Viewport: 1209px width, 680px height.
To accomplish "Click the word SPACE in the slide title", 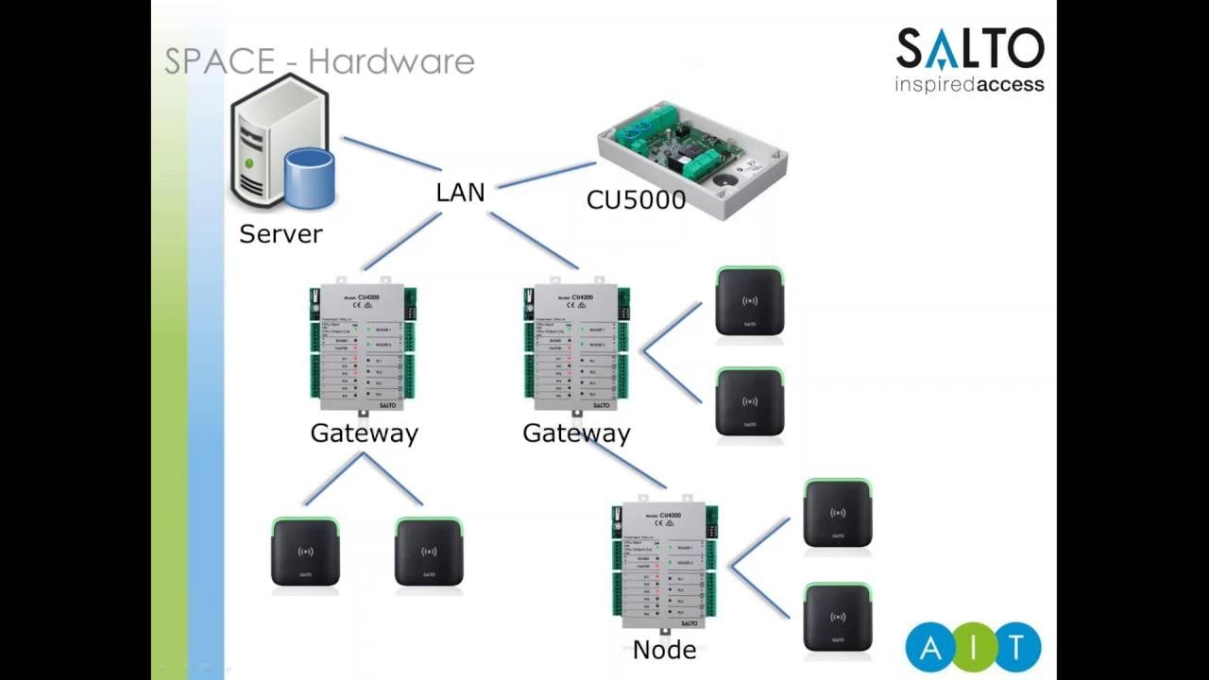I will (x=219, y=61).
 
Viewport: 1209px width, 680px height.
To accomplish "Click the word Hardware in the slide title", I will (x=391, y=61).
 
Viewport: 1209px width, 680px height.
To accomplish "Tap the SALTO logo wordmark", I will (x=969, y=49).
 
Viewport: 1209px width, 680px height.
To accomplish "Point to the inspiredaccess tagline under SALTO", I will (x=969, y=85).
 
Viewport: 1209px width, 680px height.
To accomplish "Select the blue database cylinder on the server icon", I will (x=310, y=178).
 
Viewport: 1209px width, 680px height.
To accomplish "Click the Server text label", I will (x=281, y=233).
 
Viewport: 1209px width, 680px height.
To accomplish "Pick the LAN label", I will (x=460, y=193).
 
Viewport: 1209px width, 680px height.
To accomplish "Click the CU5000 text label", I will (x=636, y=200).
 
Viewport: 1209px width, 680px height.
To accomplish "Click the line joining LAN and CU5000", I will (x=546, y=175).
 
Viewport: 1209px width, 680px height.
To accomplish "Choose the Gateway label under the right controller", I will (x=576, y=433).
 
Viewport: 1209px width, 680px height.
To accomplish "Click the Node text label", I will (x=665, y=650).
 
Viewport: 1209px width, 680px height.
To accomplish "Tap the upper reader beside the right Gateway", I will (x=749, y=301).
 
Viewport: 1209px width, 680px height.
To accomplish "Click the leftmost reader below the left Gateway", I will (x=305, y=552).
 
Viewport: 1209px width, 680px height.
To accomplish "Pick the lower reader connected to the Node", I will (x=837, y=618).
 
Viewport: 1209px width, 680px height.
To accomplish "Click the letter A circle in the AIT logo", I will (x=928, y=648).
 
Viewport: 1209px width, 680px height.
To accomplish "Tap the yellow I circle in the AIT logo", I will (x=973, y=648).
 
